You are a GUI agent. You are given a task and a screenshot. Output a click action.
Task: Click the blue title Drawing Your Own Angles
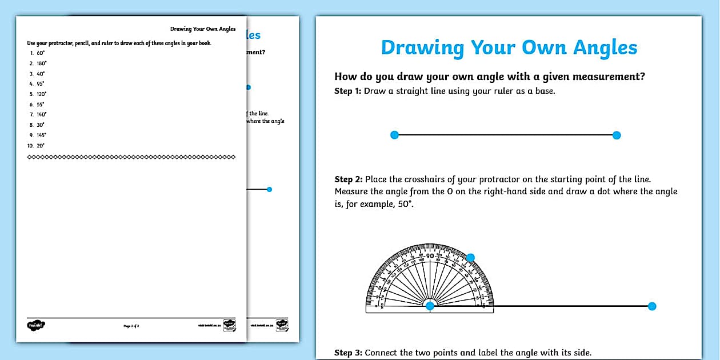click(x=509, y=48)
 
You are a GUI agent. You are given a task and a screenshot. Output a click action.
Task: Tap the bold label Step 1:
click(x=347, y=91)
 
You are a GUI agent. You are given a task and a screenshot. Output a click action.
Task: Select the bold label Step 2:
click(x=348, y=179)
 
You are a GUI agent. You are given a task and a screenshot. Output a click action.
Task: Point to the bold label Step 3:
click(x=348, y=353)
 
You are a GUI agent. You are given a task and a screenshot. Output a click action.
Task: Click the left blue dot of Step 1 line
click(x=394, y=135)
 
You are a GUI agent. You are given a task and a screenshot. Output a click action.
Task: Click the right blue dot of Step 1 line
click(x=616, y=135)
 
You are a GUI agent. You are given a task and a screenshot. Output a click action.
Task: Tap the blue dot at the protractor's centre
click(x=430, y=306)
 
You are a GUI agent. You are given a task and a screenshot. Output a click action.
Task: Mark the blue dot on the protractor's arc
click(x=470, y=258)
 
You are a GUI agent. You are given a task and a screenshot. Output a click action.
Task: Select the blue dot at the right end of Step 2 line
click(x=652, y=306)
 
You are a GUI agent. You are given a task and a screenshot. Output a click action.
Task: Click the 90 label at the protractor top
click(x=430, y=255)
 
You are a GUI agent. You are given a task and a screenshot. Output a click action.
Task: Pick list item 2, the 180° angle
click(x=41, y=63)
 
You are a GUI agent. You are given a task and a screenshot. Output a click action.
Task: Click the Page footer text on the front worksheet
click(x=131, y=326)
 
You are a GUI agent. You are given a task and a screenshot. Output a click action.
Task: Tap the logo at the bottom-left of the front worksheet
click(x=35, y=325)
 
